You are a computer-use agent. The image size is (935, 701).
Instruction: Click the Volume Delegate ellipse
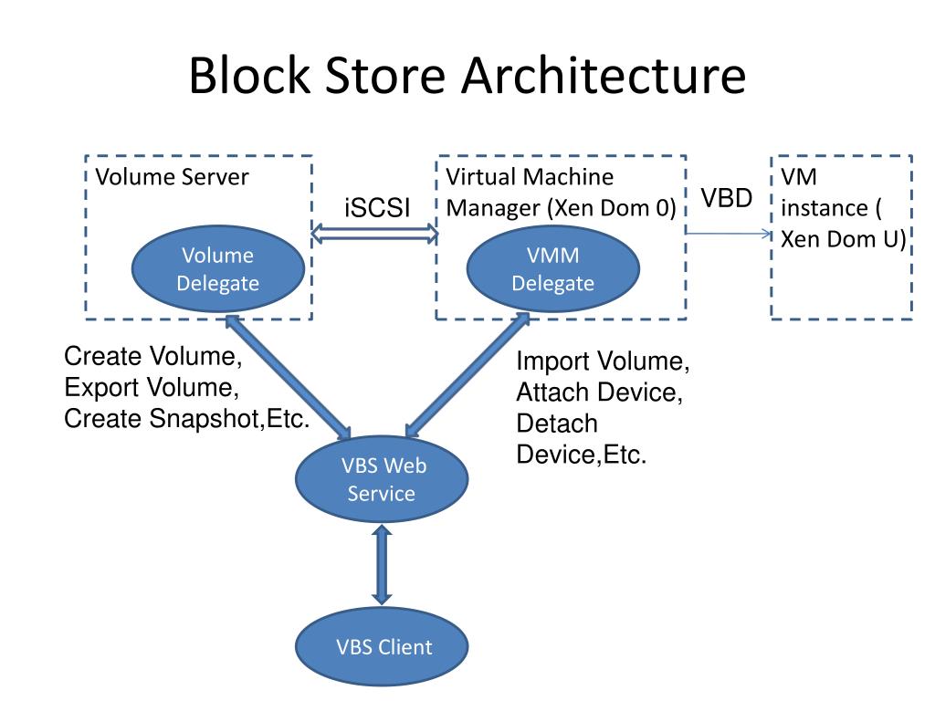[x=218, y=269]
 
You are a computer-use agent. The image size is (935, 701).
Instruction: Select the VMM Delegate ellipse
[x=552, y=269]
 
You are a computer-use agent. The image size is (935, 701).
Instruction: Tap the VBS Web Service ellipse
[x=382, y=479]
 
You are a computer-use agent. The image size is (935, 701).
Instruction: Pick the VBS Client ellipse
[x=382, y=647]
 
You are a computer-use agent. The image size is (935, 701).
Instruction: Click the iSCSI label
[x=377, y=208]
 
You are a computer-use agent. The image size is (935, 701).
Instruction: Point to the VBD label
[x=726, y=198]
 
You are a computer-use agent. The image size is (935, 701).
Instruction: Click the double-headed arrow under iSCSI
[x=375, y=233]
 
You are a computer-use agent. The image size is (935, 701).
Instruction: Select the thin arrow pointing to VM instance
[x=729, y=233]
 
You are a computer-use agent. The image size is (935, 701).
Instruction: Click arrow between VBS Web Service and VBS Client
[x=382, y=565]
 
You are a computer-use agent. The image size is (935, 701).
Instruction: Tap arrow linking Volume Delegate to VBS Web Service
[x=288, y=377]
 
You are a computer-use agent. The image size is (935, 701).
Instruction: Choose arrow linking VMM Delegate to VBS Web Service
[x=467, y=375]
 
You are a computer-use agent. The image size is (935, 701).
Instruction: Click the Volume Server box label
[x=172, y=177]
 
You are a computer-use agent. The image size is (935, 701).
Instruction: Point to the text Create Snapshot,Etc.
[x=186, y=418]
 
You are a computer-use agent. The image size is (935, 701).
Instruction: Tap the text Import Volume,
[x=603, y=361]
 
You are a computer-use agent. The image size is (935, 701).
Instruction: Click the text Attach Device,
[x=599, y=392]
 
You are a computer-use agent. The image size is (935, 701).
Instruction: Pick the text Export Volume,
[x=152, y=387]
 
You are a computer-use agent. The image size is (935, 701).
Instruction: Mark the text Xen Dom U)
[x=844, y=239]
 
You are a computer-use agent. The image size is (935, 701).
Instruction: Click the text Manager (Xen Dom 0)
[x=562, y=208]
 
